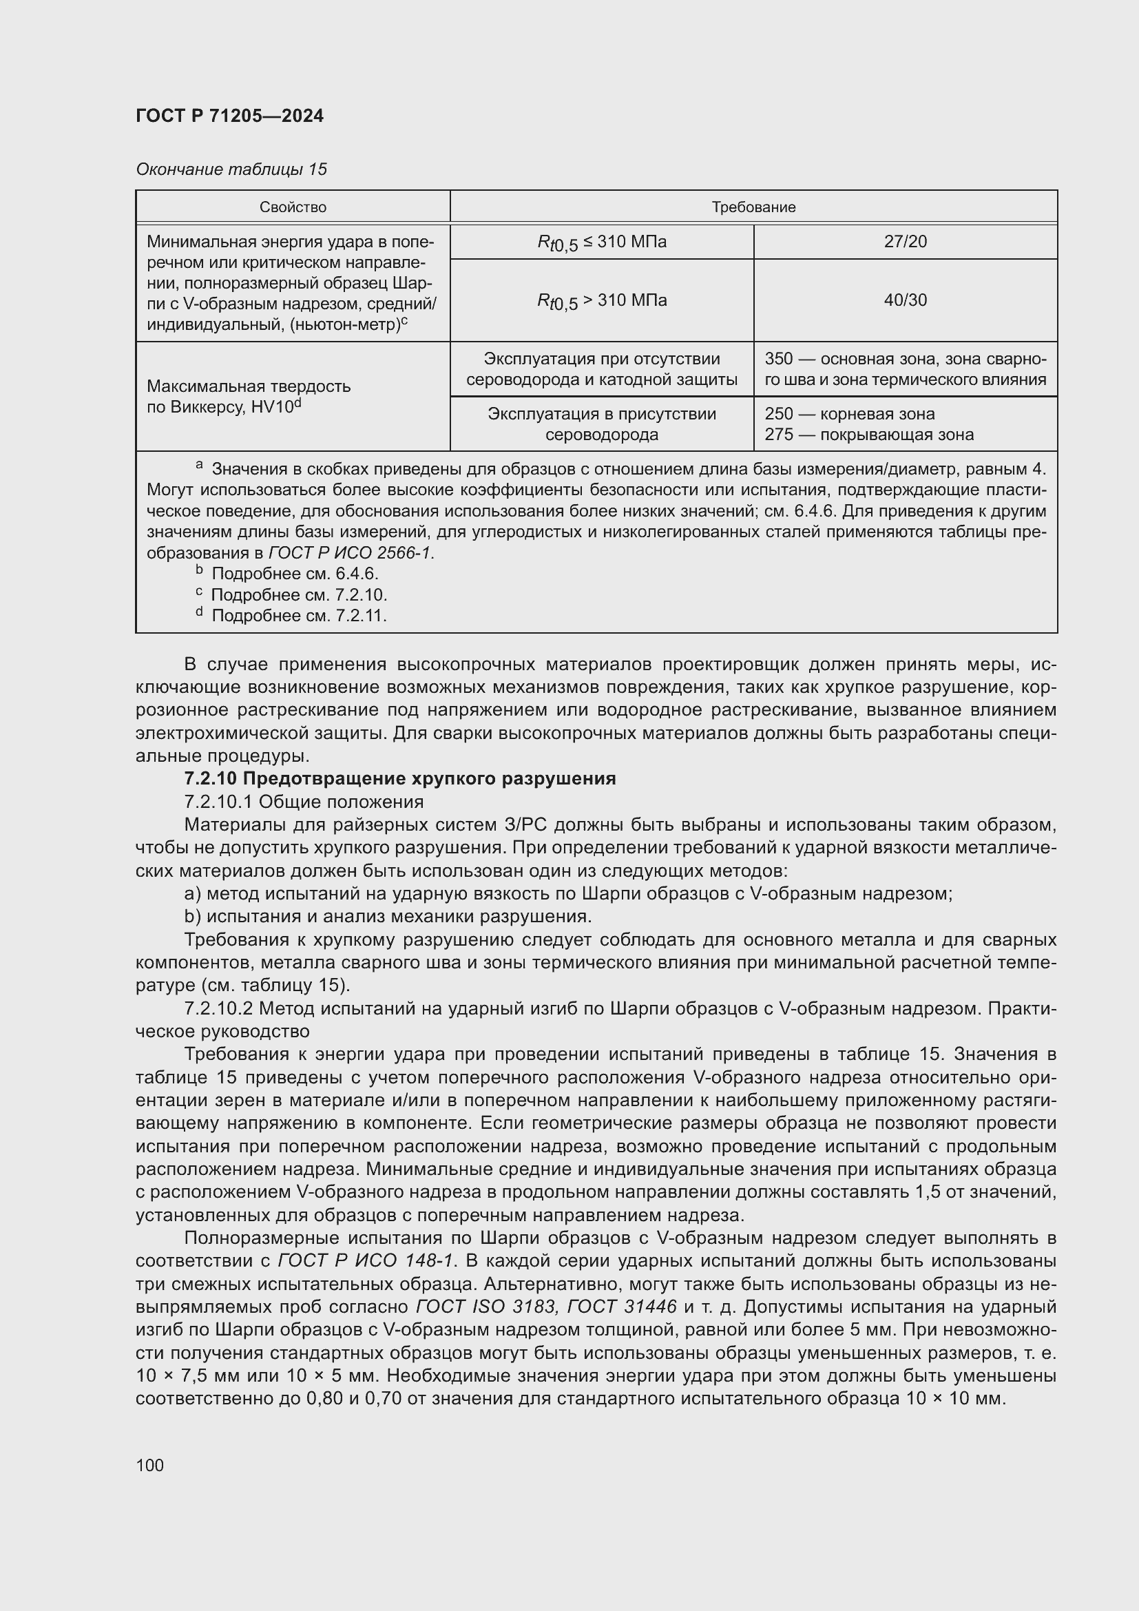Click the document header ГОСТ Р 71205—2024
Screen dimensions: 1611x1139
tap(229, 116)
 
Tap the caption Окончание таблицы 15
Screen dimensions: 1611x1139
tap(231, 169)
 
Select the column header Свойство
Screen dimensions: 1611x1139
tap(293, 207)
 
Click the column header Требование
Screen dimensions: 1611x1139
tap(753, 207)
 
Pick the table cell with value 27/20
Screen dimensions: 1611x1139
tap(905, 242)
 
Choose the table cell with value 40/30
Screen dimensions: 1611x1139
tap(905, 300)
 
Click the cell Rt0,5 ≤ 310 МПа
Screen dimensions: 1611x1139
tap(601, 242)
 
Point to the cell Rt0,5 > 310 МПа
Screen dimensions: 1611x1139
tap(601, 301)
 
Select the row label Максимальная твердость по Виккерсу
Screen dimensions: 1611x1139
tap(249, 397)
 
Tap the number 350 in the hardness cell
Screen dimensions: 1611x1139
tap(779, 360)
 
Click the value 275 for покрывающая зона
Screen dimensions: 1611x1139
tap(779, 435)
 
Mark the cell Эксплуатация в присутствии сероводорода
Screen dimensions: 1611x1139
tap(601, 424)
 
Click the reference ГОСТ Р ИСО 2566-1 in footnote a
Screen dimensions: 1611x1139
tap(351, 553)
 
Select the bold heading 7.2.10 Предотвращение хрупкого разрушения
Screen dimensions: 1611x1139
tap(400, 779)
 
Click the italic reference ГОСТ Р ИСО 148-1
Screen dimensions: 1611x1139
tap(367, 1261)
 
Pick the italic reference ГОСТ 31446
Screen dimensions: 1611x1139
tap(621, 1307)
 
